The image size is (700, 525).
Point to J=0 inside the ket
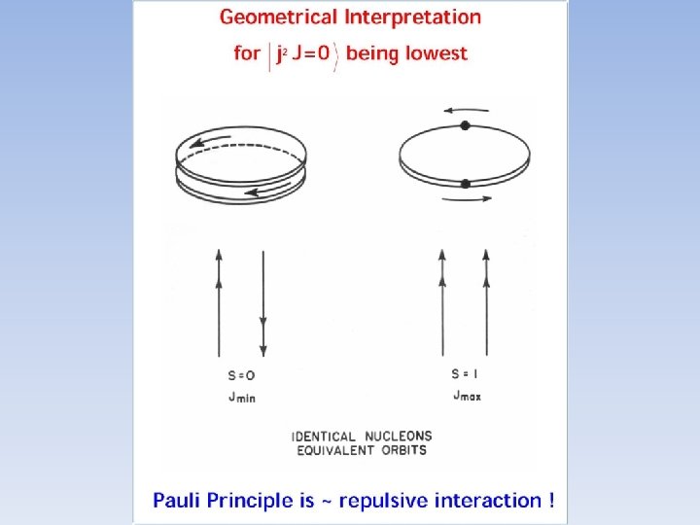click(308, 52)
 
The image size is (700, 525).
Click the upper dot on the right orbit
click(466, 125)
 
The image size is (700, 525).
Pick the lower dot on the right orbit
click(466, 183)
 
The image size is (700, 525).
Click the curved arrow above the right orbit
click(465, 110)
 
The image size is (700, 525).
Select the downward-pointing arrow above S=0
click(262, 301)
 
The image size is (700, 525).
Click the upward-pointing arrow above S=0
click(219, 301)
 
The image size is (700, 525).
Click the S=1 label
click(467, 373)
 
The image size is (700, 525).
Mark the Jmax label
click(467, 396)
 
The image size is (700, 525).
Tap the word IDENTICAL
click(324, 437)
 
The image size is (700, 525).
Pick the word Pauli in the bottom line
click(179, 501)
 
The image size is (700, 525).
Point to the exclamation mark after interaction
click(552, 500)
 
